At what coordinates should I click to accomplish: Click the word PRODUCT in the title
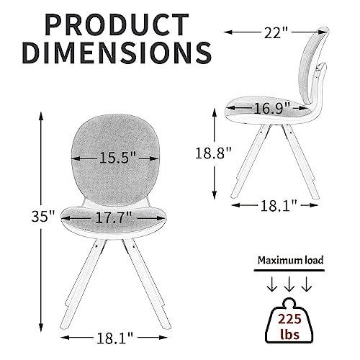coord(117,24)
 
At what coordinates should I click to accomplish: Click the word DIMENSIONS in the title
coord(118,53)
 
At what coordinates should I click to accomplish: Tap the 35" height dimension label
coord(43,217)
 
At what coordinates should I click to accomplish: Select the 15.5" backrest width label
coord(117,158)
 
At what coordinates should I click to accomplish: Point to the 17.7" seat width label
coord(114,218)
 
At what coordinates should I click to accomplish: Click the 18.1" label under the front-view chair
coord(114,338)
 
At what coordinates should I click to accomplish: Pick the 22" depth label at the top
coord(276,32)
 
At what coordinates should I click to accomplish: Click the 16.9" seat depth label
coord(272,108)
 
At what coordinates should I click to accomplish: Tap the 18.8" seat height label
coord(213,153)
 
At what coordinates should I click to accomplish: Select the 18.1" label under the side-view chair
coord(279,206)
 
